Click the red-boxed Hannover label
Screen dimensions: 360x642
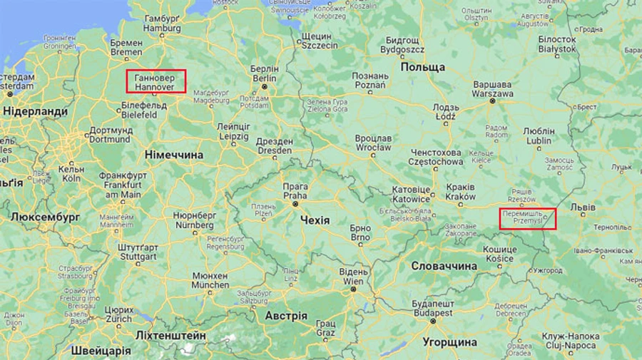tap(156, 81)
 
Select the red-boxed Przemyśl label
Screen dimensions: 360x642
tap(527, 218)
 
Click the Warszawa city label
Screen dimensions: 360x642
tap(493, 88)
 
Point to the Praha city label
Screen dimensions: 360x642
tap(295, 190)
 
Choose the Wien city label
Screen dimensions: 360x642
tap(352, 277)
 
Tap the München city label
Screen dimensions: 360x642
tap(210, 280)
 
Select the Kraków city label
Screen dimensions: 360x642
tap(460, 192)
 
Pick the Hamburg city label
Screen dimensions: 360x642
tap(162, 24)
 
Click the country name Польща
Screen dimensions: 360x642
tap(422, 67)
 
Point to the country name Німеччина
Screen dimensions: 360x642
tap(174, 155)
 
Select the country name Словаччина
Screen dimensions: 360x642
tap(444, 266)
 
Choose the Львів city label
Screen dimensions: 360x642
tap(583, 207)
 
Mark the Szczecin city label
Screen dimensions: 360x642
tap(319, 40)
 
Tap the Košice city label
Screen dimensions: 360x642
tap(499, 254)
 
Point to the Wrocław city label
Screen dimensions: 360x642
tap(374, 143)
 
